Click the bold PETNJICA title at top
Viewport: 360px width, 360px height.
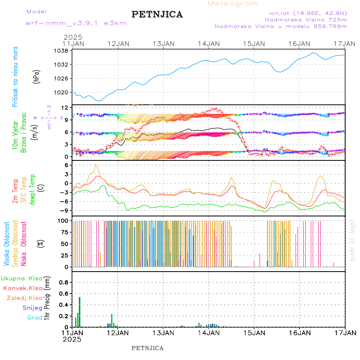[x=157, y=14]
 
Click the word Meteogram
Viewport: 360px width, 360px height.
[x=233, y=4]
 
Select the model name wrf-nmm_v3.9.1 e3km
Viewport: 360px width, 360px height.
[x=76, y=23]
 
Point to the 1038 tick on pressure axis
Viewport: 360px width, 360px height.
[x=61, y=51]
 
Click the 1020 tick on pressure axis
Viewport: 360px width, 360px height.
[x=61, y=92]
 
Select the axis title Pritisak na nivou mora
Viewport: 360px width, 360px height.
[x=15, y=78]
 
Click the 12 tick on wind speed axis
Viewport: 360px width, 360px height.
[x=64, y=108]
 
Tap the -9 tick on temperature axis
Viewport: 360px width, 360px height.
[x=63, y=210]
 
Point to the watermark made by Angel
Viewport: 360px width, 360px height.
[x=352, y=240]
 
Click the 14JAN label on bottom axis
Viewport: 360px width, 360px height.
[x=208, y=333]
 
